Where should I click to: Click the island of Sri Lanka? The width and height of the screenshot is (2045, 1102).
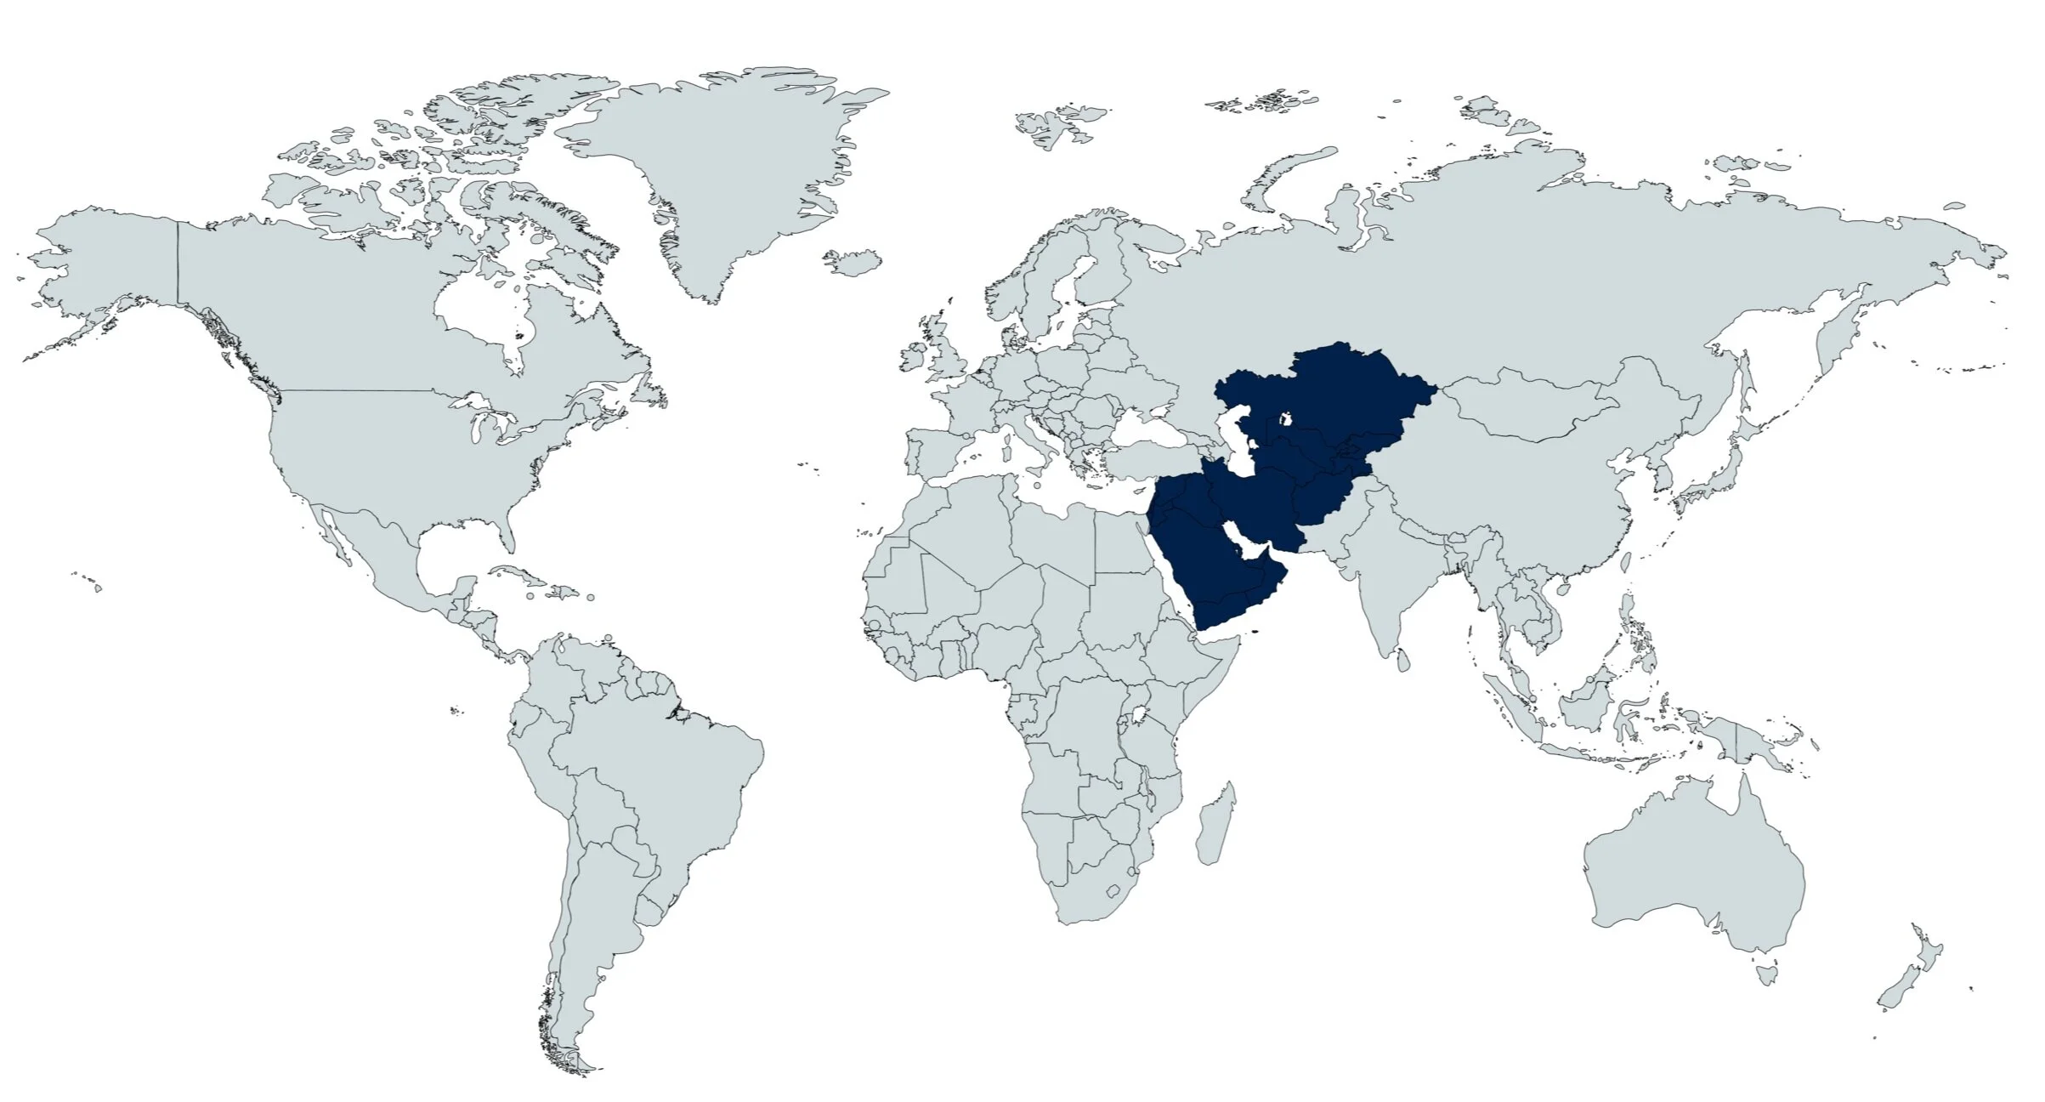tap(1404, 657)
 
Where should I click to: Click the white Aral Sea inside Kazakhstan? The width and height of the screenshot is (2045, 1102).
tap(1286, 419)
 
